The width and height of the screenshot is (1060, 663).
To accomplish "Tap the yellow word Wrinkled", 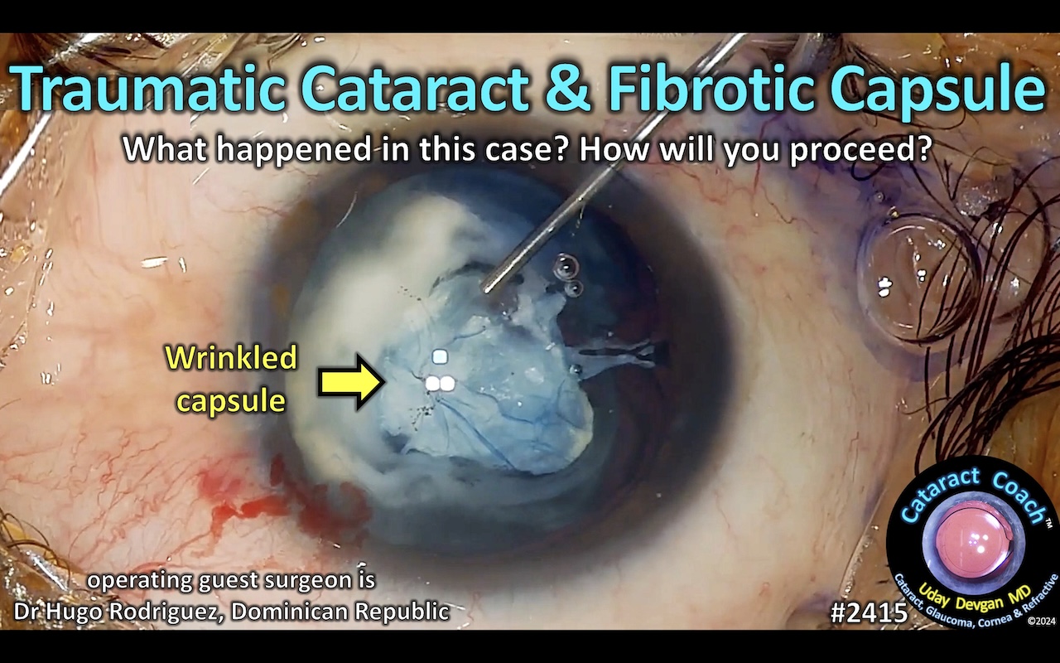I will point(231,359).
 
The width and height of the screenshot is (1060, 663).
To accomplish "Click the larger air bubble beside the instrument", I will point(566,266).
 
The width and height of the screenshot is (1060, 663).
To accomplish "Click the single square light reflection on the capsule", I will point(440,357).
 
